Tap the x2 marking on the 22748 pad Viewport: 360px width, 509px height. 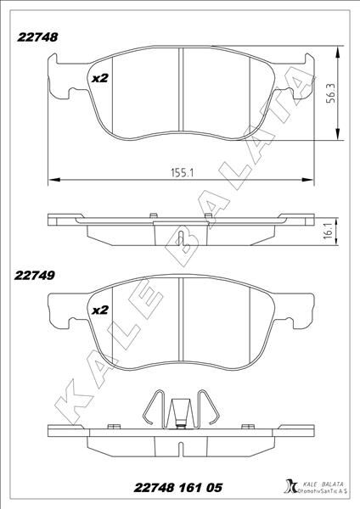(100, 78)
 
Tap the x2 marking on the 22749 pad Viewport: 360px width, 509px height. (100, 310)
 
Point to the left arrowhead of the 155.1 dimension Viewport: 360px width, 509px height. (53, 179)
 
